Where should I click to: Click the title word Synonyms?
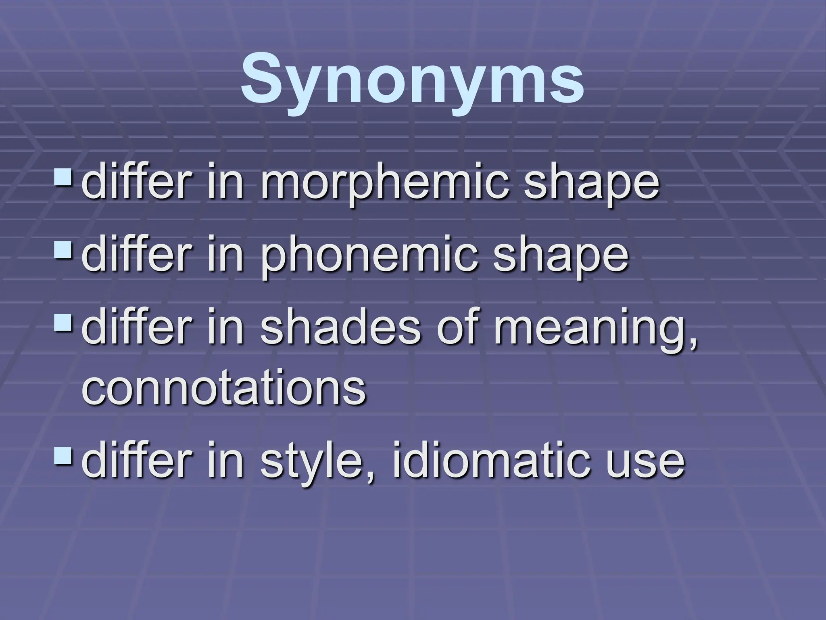pyautogui.click(x=412, y=79)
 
